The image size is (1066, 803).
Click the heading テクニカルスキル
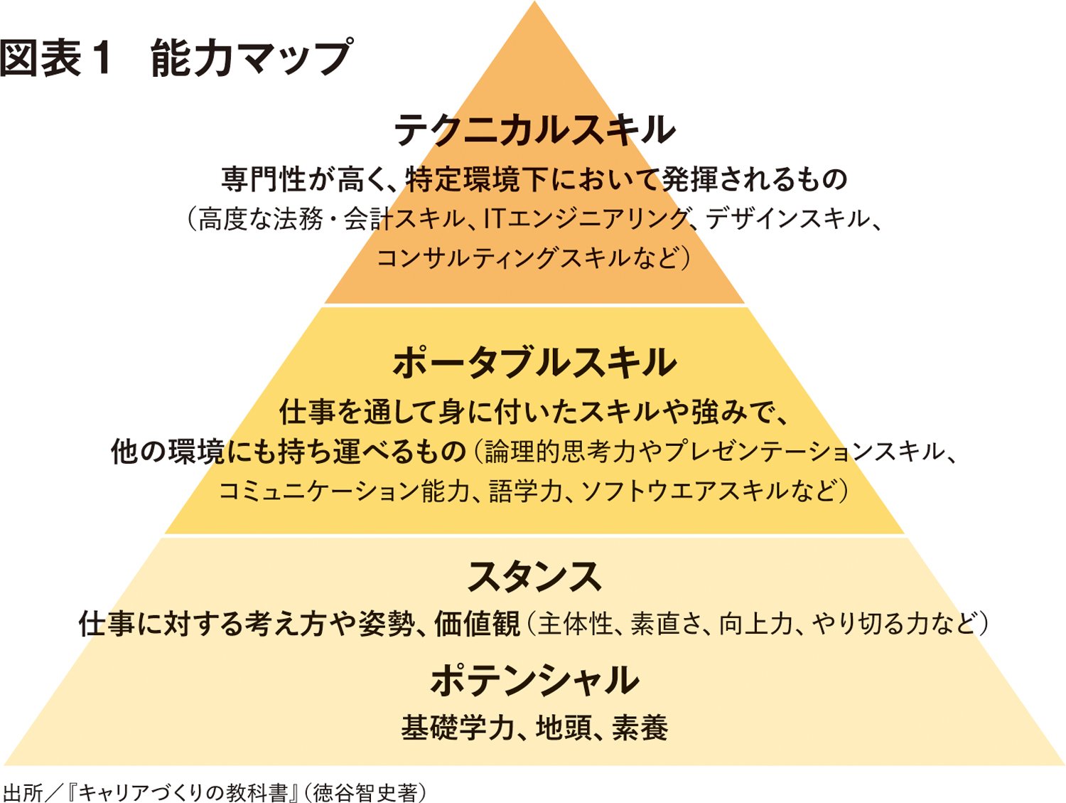coord(534,130)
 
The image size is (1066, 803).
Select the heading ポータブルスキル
coord(534,362)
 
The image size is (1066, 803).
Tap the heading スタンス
coord(534,577)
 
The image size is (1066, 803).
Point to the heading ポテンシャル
coord(534,681)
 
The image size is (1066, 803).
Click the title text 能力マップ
coord(252,58)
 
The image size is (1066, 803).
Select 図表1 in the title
coord(57,58)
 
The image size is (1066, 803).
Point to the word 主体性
coord(575,624)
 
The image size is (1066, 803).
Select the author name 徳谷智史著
coord(365,792)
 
